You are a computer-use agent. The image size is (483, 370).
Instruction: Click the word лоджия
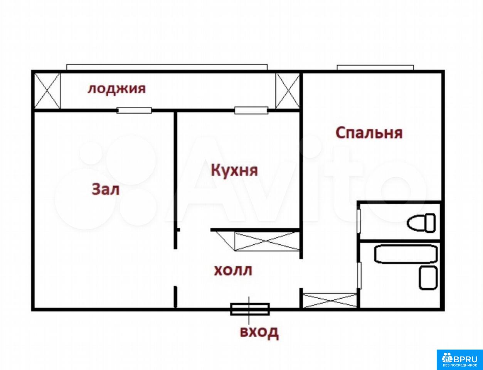pyautogui.click(x=116, y=89)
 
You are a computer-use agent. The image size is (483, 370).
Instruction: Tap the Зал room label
pyautogui.click(x=106, y=190)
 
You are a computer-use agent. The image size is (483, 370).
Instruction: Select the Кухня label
pyautogui.click(x=234, y=170)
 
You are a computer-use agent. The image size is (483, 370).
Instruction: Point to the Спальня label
pyautogui.click(x=369, y=133)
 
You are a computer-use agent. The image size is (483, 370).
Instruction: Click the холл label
pyautogui.click(x=233, y=271)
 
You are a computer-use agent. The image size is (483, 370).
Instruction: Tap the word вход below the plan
pyautogui.click(x=259, y=333)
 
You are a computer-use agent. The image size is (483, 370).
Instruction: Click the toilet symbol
pyautogui.click(x=421, y=223)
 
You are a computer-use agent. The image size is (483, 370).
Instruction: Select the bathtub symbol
pyautogui.click(x=406, y=254)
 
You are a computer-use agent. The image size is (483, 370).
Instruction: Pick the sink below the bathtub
pyautogui.click(x=428, y=278)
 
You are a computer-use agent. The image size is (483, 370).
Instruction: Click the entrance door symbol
pyautogui.click(x=250, y=309)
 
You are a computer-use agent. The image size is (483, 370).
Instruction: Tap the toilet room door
pyautogui.click(x=358, y=221)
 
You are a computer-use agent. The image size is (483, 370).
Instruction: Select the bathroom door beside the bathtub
pyautogui.click(x=359, y=276)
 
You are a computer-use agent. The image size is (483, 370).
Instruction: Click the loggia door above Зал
pyautogui.click(x=134, y=111)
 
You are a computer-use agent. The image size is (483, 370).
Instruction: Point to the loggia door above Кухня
pyautogui.click(x=251, y=111)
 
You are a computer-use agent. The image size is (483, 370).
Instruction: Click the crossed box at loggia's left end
pyautogui.click(x=47, y=91)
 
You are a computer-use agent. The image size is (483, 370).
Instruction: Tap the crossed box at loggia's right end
pyautogui.click(x=288, y=91)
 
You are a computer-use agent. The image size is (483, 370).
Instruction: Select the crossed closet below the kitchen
pyautogui.click(x=268, y=241)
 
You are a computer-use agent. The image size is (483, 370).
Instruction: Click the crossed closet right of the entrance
pyautogui.click(x=330, y=301)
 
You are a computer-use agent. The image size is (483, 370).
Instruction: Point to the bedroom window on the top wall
pyautogui.click(x=375, y=67)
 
